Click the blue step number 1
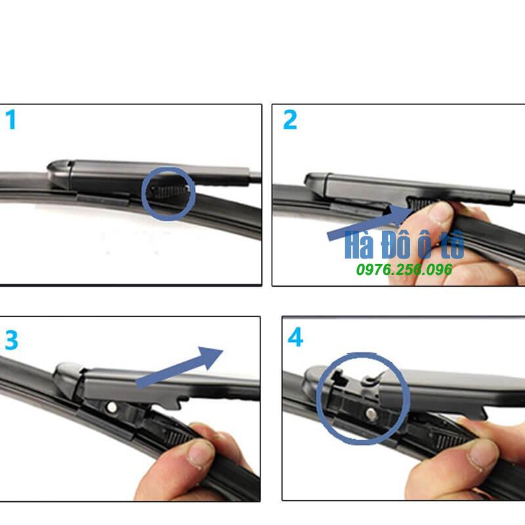click(x=11, y=119)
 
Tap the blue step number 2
click(x=290, y=119)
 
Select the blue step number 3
click(x=11, y=340)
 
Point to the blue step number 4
click(x=295, y=337)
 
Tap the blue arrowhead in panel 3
click(x=210, y=358)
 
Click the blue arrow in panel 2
click(x=371, y=222)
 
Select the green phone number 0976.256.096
click(x=404, y=270)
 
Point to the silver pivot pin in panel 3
click(x=112, y=408)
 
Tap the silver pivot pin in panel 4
click(x=371, y=414)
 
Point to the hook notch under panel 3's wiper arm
click(x=182, y=402)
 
